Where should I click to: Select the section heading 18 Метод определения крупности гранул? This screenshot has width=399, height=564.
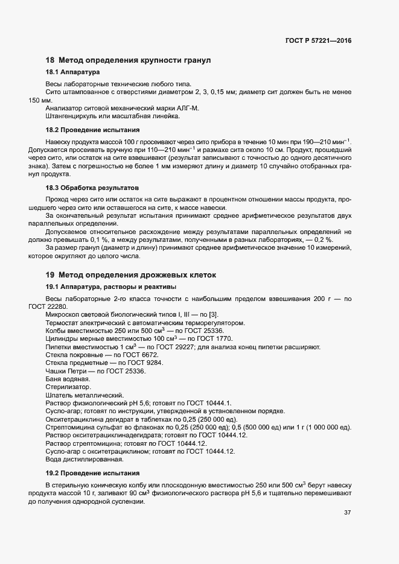pos(128,60)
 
